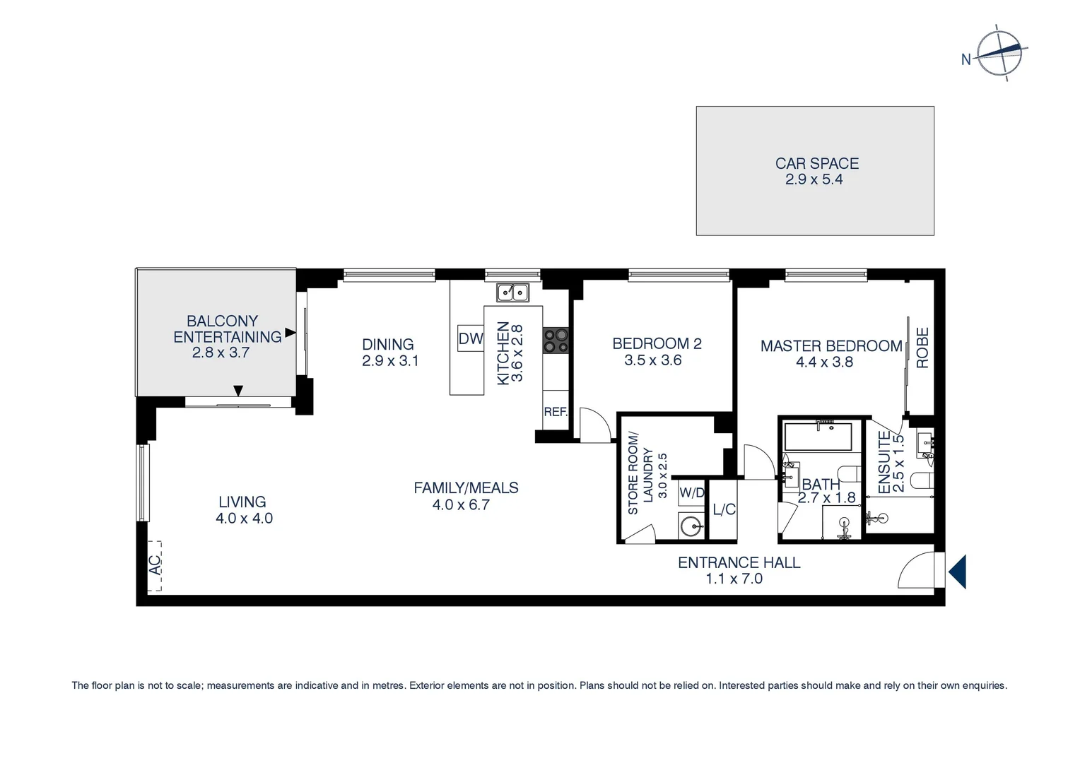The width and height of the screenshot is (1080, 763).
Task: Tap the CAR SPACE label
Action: click(x=816, y=163)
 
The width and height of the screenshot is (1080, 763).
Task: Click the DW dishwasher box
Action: click(x=470, y=338)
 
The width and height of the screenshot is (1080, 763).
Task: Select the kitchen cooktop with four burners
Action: click(x=556, y=341)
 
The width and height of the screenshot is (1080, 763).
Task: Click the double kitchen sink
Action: click(x=512, y=292)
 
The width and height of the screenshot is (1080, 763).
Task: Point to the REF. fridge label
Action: click(x=556, y=412)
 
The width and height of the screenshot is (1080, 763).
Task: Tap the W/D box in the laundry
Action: click(x=692, y=492)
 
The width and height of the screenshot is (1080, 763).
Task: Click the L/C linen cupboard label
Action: click(x=724, y=509)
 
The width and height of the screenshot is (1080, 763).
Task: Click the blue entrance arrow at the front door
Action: click(x=958, y=571)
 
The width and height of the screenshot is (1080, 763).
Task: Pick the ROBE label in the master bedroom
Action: click(x=922, y=348)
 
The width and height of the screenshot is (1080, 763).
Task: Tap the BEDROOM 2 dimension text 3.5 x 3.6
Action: click(x=652, y=360)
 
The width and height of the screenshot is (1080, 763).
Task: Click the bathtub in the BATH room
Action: click(x=818, y=436)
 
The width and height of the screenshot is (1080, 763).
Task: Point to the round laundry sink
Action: click(x=691, y=526)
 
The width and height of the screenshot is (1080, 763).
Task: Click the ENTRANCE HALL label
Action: click(x=739, y=562)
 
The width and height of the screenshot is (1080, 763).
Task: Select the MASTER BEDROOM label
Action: click(x=830, y=346)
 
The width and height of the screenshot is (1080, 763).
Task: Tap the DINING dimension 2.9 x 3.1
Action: click(x=390, y=361)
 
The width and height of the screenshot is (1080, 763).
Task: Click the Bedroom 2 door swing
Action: click(x=594, y=426)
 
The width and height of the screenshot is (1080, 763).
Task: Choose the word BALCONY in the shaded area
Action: click(x=222, y=321)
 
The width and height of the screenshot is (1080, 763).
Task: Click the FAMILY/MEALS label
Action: click(x=466, y=487)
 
